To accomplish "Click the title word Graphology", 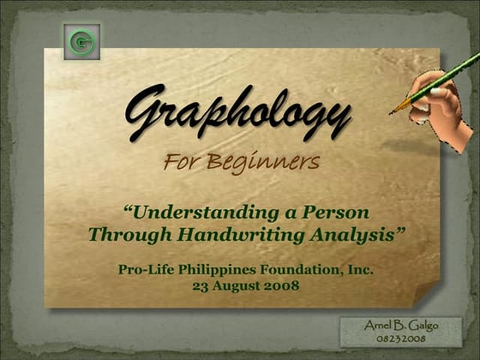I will [x=237, y=112].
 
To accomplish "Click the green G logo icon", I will [x=82, y=41].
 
